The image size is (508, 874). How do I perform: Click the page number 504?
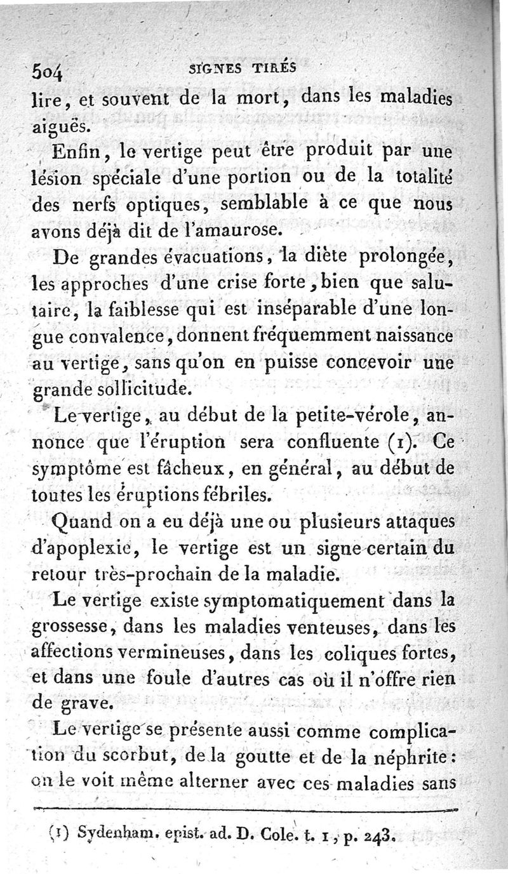[50, 72]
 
